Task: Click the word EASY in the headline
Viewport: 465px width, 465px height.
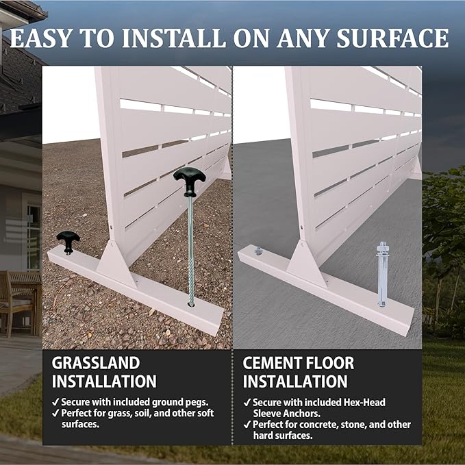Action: click(x=41, y=38)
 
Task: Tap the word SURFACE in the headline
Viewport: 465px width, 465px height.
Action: click(x=392, y=38)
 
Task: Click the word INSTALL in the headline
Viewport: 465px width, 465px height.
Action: click(x=175, y=38)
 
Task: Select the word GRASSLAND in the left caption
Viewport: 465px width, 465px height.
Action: click(x=96, y=363)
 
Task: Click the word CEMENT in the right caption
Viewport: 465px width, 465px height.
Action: click(x=275, y=363)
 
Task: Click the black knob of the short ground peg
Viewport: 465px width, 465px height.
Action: click(x=68, y=241)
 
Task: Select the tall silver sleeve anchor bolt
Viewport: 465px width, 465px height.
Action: click(x=381, y=275)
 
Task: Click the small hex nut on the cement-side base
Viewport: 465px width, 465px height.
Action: click(x=258, y=251)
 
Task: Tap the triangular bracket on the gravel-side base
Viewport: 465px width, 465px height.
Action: click(x=115, y=264)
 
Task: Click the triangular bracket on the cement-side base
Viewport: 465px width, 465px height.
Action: click(x=305, y=264)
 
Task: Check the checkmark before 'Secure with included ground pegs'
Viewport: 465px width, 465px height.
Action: click(x=55, y=403)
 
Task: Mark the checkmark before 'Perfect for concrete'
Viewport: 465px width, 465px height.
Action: click(x=247, y=425)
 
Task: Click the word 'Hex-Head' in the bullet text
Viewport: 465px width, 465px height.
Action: click(x=364, y=403)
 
